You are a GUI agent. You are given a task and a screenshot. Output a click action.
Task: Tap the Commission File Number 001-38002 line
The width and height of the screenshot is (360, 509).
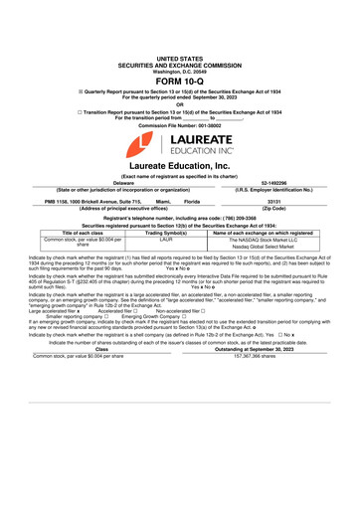pos(179,127)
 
